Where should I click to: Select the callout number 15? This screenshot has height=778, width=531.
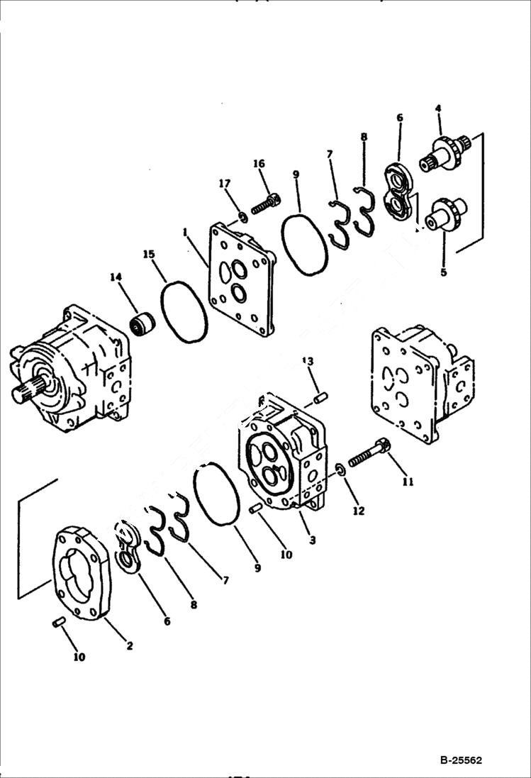(x=148, y=254)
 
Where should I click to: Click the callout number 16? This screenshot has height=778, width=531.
(x=259, y=165)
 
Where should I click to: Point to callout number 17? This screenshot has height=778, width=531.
(x=225, y=184)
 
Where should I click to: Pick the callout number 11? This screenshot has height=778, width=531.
(x=408, y=482)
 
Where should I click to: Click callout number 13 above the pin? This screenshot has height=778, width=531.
(x=307, y=361)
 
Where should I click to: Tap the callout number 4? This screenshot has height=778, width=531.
(x=437, y=109)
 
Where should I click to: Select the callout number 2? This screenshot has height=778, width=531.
(x=129, y=645)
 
